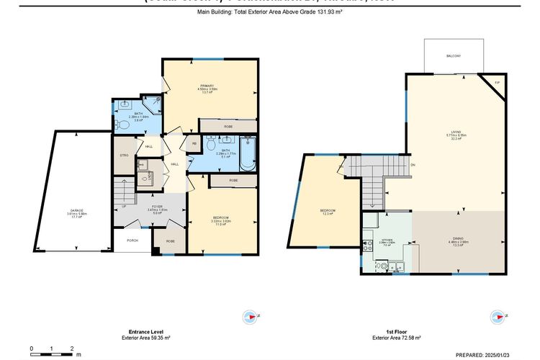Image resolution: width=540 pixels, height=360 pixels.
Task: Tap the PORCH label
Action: point(132,240)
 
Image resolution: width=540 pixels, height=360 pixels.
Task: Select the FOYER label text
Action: point(156,207)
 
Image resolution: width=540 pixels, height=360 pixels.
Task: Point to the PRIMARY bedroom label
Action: point(207,86)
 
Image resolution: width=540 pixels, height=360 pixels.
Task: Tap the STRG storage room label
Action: point(124,156)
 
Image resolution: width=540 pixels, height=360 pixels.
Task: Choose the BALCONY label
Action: point(453,55)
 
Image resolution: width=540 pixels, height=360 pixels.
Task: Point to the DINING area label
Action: point(459,239)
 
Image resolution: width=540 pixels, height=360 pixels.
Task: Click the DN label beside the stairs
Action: point(413,164)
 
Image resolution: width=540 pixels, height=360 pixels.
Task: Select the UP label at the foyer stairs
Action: point(123,206)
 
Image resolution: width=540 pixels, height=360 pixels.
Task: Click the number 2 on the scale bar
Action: point(72,348)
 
